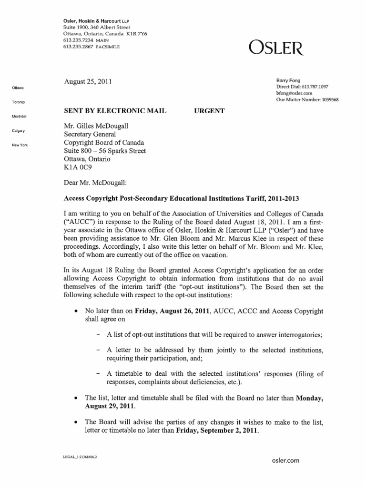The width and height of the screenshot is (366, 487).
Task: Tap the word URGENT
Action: tap(209, 111)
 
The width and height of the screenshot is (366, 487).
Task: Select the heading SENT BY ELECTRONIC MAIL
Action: tap(115, 111)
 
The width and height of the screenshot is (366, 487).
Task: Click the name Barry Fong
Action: tap(289, 80)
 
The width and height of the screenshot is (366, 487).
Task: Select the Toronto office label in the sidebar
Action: tap(19, 102)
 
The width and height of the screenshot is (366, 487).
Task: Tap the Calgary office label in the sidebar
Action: tap(19, 130)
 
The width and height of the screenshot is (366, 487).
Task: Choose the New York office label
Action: tap(20, 145)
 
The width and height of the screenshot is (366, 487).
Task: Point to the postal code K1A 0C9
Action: tap(78, 168)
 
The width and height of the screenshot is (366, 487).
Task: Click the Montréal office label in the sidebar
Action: tap(20, 117)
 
